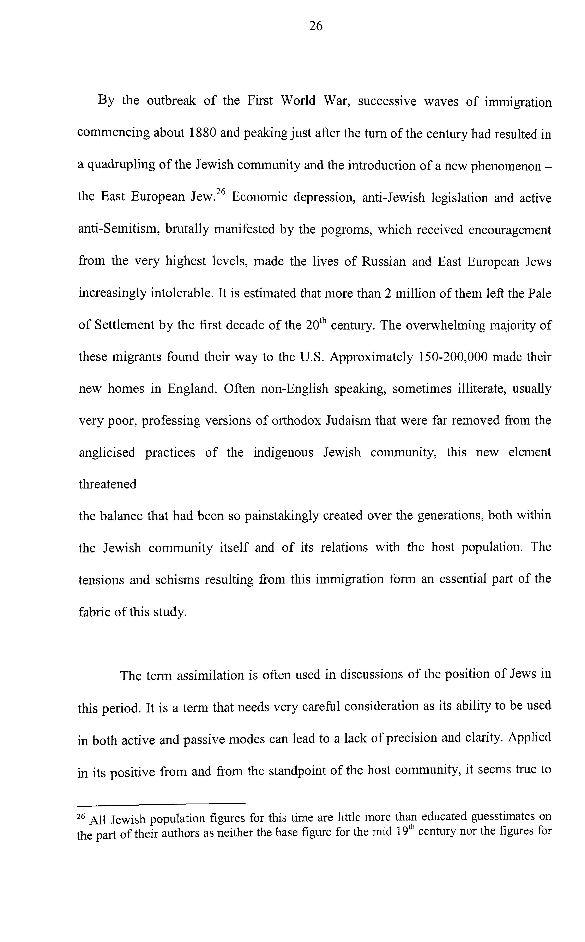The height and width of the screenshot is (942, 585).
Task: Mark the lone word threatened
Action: [x=108, y=484]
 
